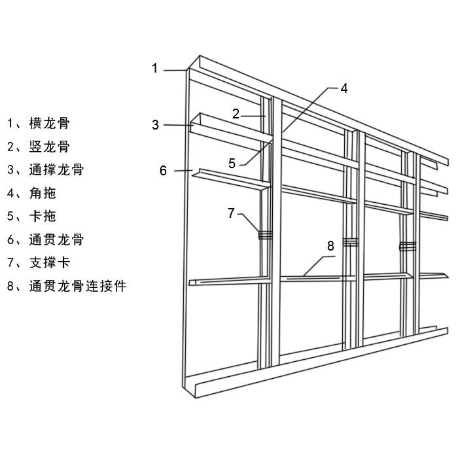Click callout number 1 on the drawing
(155, 67)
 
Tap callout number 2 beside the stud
(236, 113)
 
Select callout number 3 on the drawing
(155, 124)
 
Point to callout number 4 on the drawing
(344, 88)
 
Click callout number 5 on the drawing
(232, 164)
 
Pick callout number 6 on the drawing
(163, 171)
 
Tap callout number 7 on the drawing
(231, 213)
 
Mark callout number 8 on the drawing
(330, 246)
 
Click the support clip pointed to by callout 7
(265, 235)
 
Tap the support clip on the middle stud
(351, 243)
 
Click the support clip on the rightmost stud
(408, 247)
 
